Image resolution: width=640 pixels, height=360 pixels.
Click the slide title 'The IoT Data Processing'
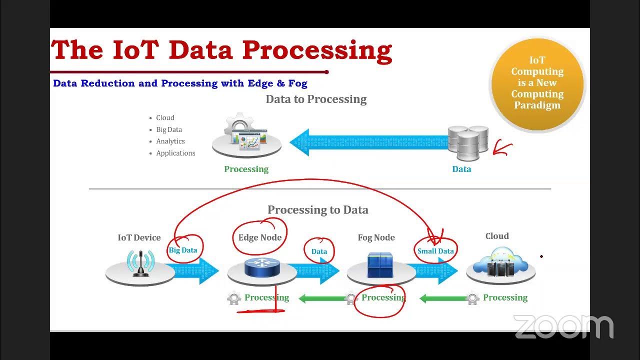coord(221,50)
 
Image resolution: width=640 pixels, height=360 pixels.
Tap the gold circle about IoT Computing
coord(537,83)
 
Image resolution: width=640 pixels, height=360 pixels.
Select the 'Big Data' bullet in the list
coord(169,129)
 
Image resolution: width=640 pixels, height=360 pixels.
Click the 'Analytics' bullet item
coord(170,141)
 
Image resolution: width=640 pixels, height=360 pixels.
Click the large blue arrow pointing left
coord(370,142)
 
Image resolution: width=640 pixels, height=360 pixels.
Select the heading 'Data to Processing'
coord(316,99)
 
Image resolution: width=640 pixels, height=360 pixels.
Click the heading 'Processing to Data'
coord(317,210)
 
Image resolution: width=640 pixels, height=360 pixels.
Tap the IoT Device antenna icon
coord(140,264)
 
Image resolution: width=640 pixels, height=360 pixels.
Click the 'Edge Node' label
coord(259,237)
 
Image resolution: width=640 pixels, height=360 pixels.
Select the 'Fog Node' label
coord(376,238)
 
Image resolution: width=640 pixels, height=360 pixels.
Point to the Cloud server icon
coord(500,265)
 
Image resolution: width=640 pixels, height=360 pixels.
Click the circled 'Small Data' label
coord(435,251)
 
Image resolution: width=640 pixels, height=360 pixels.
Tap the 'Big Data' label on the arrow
coord(183,250)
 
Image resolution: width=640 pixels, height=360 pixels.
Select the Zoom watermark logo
coord(563,327)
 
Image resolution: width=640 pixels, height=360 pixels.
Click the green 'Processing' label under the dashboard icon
coord(246,169)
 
